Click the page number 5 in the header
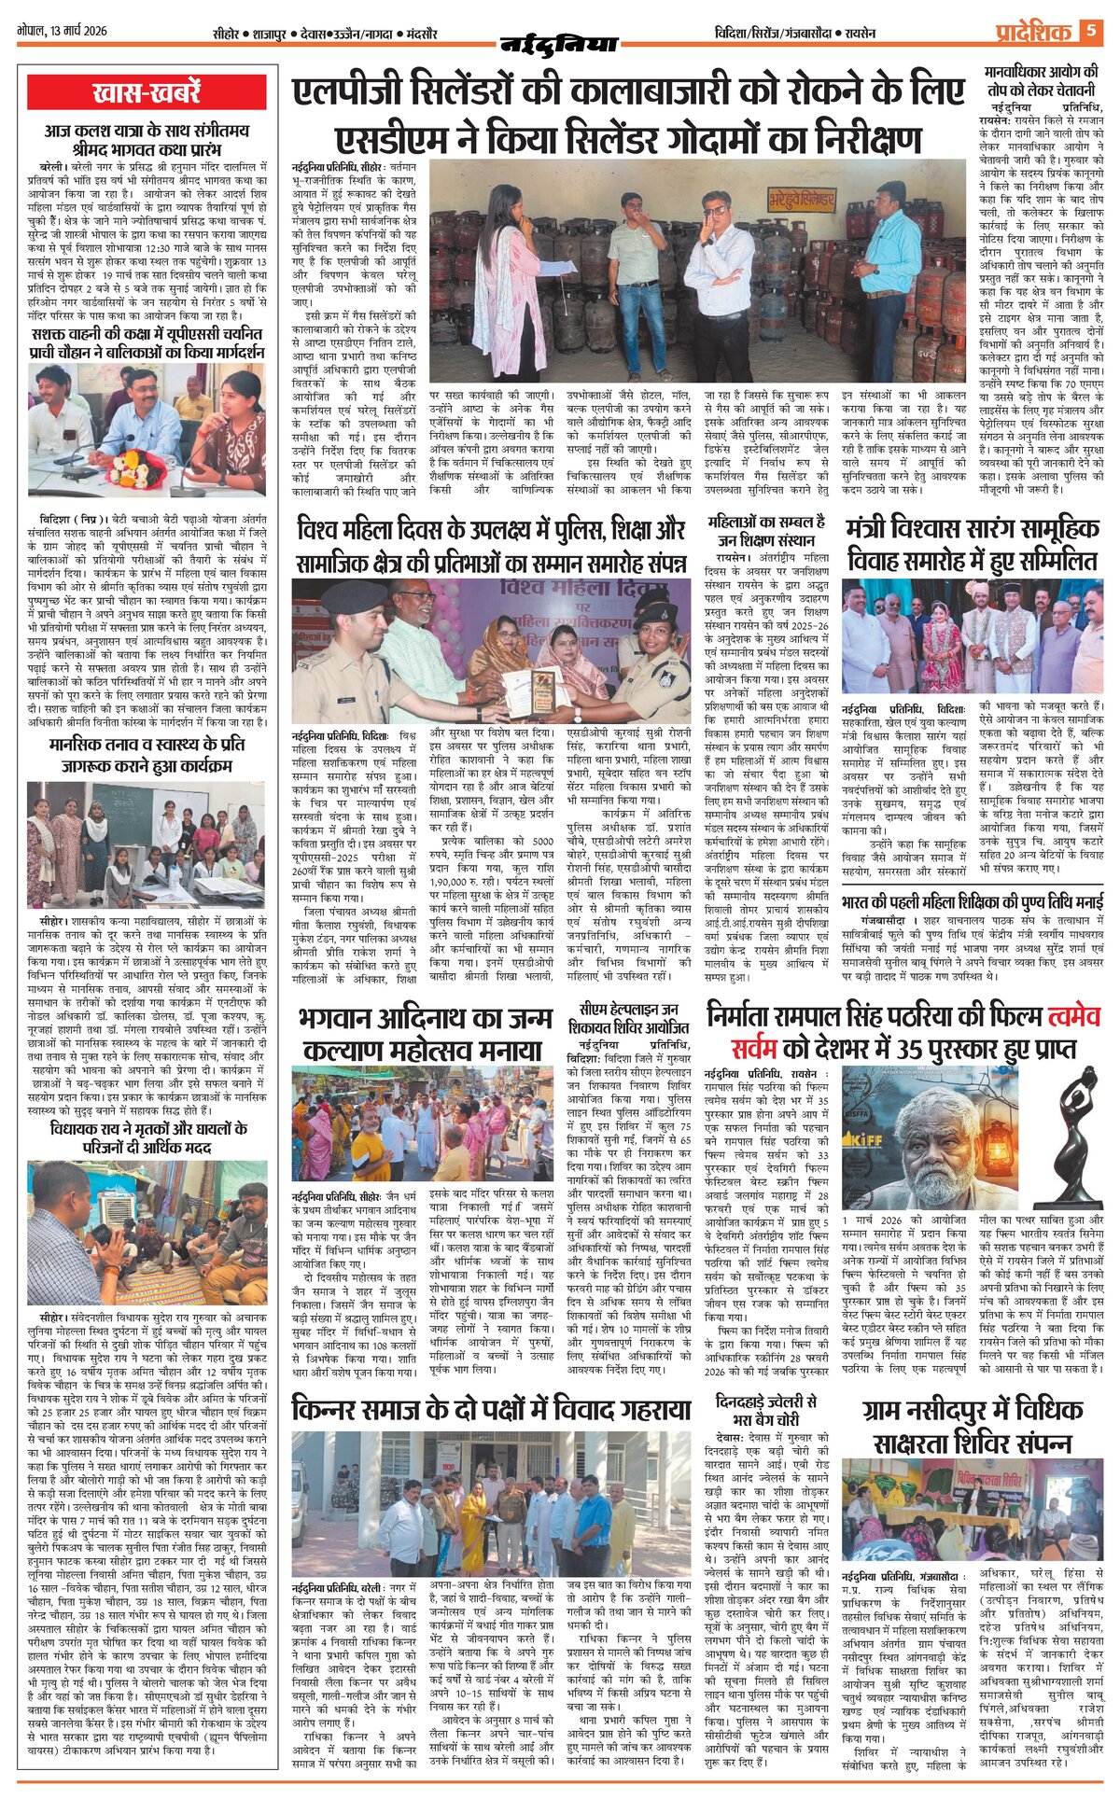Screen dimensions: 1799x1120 pos(1092,31)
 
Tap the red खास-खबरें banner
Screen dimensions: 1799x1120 pos(147,92)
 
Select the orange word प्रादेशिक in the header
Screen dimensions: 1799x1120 pos(1031,32)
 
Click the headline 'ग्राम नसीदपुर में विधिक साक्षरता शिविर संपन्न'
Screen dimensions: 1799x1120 pos(973,1427)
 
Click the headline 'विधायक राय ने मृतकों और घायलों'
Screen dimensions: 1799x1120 pos(147,1138)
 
